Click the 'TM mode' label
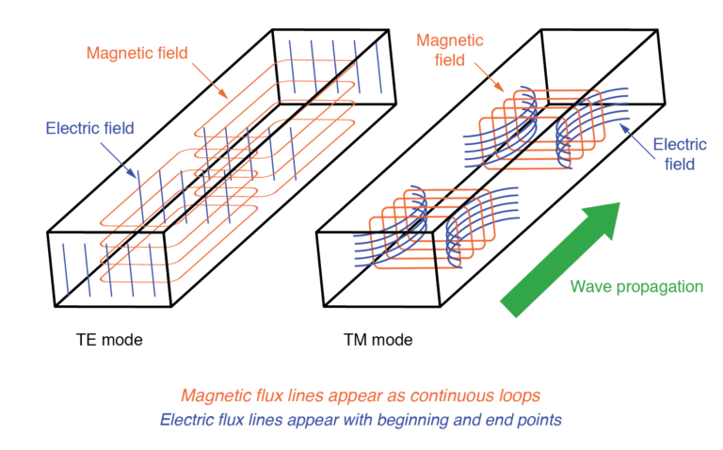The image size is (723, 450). (x=378, y=338)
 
